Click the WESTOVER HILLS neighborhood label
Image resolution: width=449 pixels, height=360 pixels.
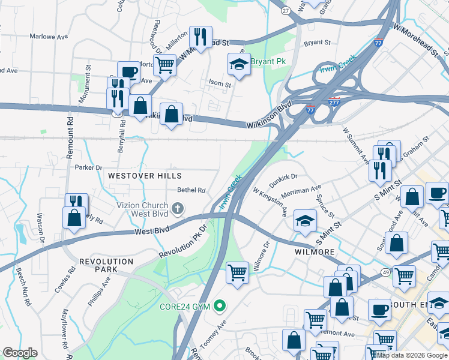[144, 176]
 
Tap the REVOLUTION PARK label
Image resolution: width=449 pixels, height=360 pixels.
[106, 265]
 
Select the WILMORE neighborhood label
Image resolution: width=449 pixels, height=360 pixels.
[314, 252]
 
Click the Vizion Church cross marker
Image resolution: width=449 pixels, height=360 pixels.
[177, 208]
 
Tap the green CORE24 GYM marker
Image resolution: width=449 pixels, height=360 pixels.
[220, 307]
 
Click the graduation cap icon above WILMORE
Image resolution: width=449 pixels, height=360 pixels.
[305, 221]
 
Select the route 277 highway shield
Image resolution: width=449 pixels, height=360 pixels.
[334, 103]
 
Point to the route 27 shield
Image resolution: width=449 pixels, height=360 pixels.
[286, 11]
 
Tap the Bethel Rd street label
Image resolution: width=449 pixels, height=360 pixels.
[191, 190]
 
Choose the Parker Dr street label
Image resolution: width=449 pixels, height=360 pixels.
[88, 167]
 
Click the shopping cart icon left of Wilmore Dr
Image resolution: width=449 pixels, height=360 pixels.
[237, 272]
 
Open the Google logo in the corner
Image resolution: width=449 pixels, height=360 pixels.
[20, 353]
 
